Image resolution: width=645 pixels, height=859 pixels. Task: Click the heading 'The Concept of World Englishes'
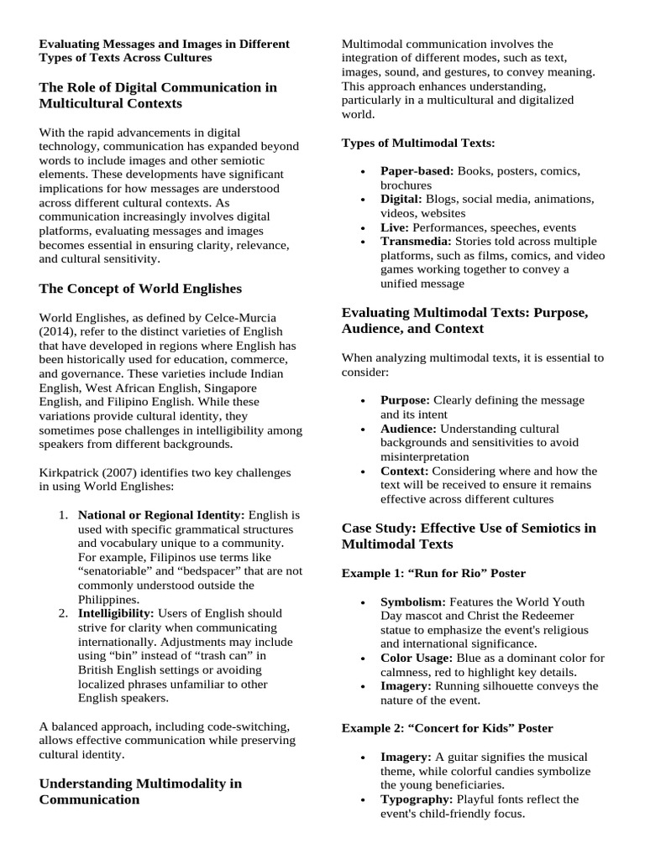pos(140,289)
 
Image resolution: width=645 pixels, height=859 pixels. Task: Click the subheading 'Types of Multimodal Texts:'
pos(418,143)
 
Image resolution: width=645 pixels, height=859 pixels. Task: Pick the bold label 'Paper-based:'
pos(417,171)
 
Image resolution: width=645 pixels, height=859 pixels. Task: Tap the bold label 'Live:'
pos(395,227)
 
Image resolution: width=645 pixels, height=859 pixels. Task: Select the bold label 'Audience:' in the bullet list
pos(409,429)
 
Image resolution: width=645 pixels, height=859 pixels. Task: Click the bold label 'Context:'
pos(405,471)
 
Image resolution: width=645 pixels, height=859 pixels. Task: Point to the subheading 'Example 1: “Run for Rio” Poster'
pos(433,573)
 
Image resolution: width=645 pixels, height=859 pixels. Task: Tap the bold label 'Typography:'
pos(416,799)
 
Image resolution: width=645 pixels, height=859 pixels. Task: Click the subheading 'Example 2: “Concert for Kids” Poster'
pos(447,728)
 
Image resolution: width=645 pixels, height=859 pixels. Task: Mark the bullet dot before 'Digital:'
pos(362,200)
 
